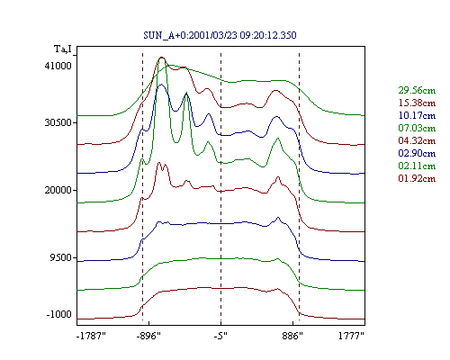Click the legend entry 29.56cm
(x=417, y=90)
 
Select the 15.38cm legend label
(x=417, y=103)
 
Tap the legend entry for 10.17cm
(x=417, y=115)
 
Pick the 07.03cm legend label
(x=417, y=128)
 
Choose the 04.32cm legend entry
(x=417, y=140)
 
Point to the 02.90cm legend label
(x=417, y=153)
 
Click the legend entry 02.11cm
(x=417, y=166)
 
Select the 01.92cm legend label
(x=417, y=178)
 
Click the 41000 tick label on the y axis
(x=58, y=66)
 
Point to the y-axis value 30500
(x=58, y=122)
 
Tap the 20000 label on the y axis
(x=58, y=190)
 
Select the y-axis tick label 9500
(x=61, y=257)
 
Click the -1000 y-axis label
(x=59, y=314)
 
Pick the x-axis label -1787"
(x=91, y=336)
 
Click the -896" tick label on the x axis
(x=148, y=336)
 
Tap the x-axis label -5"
(x=220, y=336)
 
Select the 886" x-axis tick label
(x=292, y=336)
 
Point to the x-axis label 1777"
(x=351, y=336)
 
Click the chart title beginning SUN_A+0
(x=220, y=35)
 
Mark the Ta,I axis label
(x=63, y=49)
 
